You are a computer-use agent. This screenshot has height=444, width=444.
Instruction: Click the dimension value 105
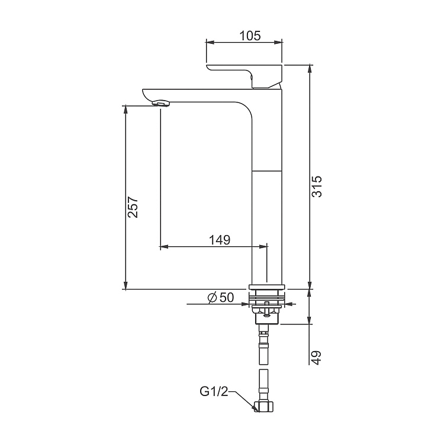(250, 36)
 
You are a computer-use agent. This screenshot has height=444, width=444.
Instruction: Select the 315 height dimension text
(317, 186)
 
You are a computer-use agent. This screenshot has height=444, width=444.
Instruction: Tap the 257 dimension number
(133, 207)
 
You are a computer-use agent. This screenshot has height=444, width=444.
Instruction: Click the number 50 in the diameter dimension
(226, 298)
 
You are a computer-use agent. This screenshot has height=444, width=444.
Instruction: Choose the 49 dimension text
(317, 357)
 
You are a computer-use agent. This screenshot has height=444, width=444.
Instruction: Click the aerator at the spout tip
(162, 104)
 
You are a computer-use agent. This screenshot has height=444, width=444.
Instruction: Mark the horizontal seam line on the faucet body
(268, 170)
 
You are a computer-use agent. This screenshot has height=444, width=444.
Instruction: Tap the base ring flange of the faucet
(267, 287)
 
